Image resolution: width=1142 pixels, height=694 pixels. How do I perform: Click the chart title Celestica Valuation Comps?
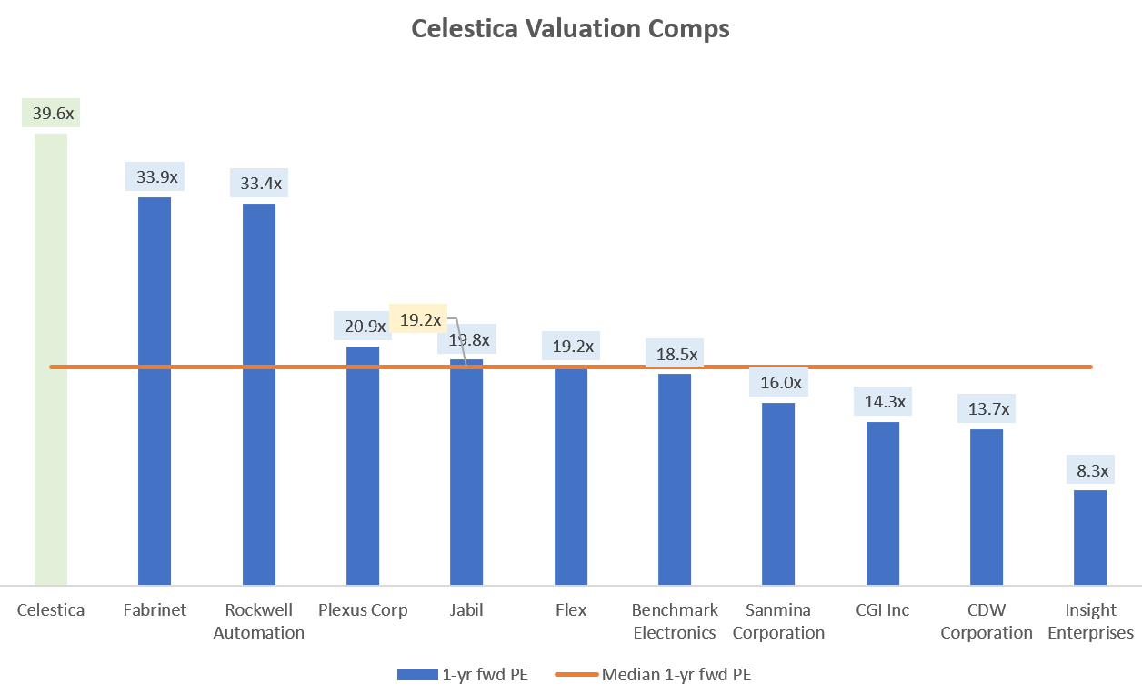[570, 29]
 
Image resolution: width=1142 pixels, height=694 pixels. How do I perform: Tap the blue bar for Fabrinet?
[155, 390]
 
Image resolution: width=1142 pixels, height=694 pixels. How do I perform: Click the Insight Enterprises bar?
[1090, 537]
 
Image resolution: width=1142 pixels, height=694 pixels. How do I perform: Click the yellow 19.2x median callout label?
[420, 319]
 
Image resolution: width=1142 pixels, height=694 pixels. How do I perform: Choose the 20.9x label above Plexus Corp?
[364, 327]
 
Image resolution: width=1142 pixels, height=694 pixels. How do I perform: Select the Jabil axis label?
[466, 610]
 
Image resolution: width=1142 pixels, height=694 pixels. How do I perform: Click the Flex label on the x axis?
[571, 610]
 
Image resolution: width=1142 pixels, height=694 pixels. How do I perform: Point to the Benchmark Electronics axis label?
[675, 621]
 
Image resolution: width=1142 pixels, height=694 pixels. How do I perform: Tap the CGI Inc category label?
[882, 610]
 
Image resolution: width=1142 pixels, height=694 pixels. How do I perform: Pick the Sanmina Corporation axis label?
[778, 621]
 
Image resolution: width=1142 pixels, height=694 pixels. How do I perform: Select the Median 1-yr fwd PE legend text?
[676, 675]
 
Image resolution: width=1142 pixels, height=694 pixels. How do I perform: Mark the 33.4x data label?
[261, 184]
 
